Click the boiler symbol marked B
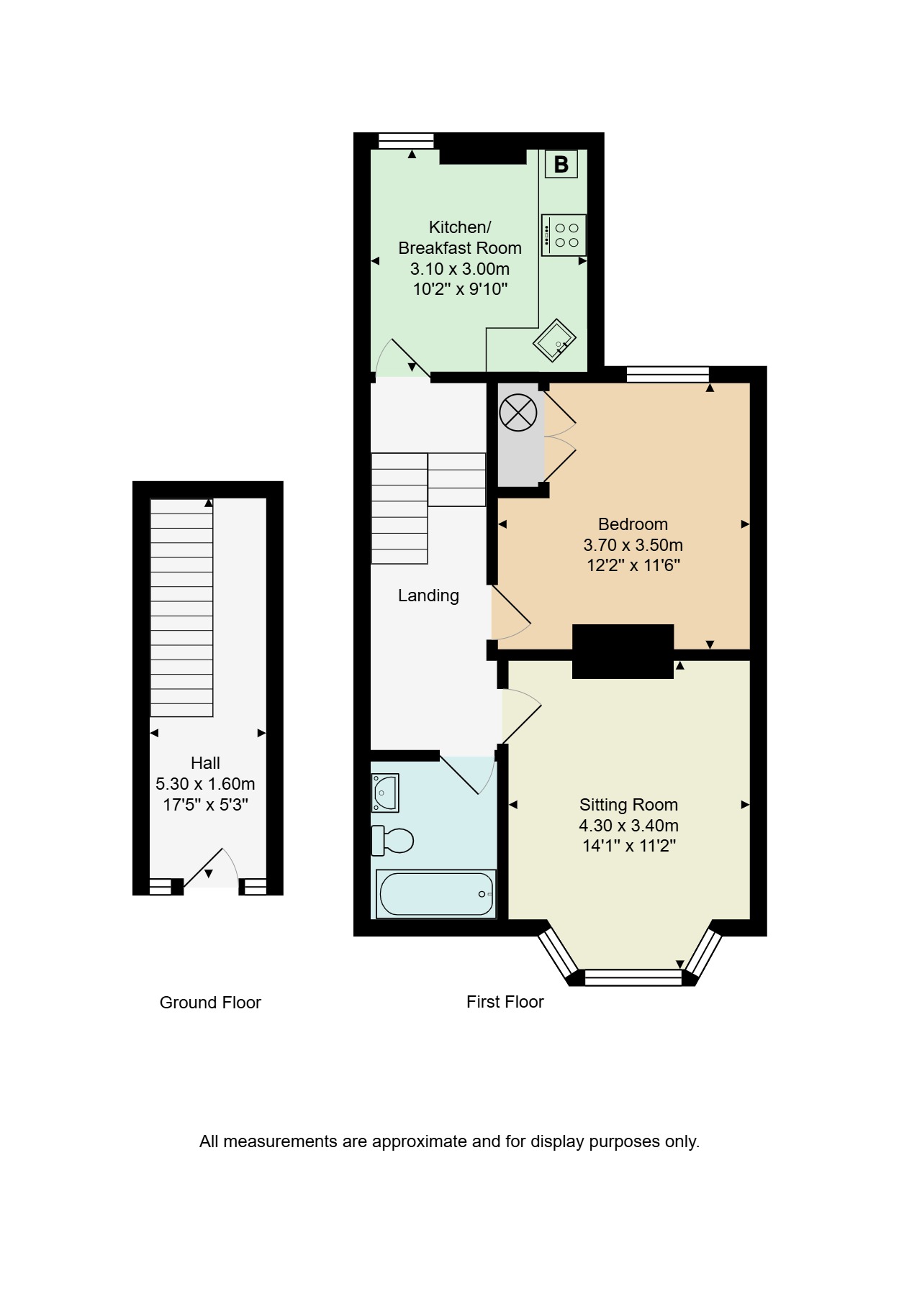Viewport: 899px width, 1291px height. (x=561, y=165)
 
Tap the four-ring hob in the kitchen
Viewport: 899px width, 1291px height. (x=564, y=235)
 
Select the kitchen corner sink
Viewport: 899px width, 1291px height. (x=555, y=340)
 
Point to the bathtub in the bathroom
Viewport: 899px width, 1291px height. (x=436, y=893)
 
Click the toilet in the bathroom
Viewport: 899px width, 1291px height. (x=392, y=840)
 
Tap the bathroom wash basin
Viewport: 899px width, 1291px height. (x=384, y=793)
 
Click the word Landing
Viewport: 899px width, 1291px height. (x=428, y=596)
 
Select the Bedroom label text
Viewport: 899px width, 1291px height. (x=633, y=524)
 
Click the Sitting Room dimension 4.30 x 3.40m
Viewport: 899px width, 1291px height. (x=628, y=826)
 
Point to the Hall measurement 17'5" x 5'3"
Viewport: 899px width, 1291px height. (x=205, y=805)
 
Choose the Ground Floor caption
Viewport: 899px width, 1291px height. (x=210, y=1003)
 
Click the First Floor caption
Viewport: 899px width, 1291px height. (x=505, y=1002)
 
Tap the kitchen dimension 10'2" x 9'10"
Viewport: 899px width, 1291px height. (x=460, y=290)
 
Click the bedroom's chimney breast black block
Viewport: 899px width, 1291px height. (x=623, y=652)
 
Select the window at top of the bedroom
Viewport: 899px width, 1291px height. (x=668, y=374)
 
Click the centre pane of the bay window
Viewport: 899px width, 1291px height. (x=633, y=977)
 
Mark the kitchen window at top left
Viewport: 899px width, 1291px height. (x=407, y=141)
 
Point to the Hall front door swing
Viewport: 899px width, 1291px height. (x=210, y=868)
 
